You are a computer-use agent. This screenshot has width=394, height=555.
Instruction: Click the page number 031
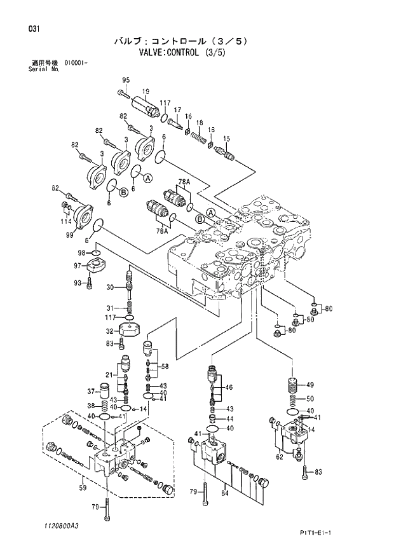point(25,29)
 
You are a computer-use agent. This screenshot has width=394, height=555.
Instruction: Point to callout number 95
point(125,79)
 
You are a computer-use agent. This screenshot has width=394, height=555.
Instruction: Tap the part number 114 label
point(66,221)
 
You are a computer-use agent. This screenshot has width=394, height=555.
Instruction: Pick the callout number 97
point(77,265)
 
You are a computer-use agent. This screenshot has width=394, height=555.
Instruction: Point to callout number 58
point(165,366)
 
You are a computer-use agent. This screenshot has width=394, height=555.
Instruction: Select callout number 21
point(109,374)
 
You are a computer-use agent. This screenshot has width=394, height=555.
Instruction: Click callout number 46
point(229,387)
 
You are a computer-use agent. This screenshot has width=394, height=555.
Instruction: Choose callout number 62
point(279,455)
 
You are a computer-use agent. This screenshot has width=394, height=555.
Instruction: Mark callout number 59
point(82,488)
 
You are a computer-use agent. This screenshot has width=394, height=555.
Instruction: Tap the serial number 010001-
point(76,64)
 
